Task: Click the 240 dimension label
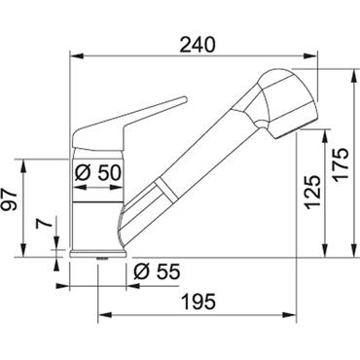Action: click(198, 45)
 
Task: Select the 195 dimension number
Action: click(198, 302)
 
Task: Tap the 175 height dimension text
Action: click(341, 163)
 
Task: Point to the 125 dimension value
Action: click(313, 192)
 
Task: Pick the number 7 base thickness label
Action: click(44, 223)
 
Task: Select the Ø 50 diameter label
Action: click(97, 172)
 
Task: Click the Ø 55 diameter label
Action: click(157, 271)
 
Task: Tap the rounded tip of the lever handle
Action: click(184, 99)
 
